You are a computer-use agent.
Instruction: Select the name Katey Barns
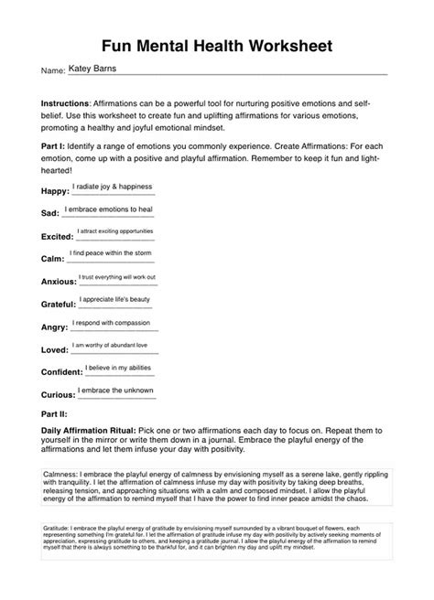94,67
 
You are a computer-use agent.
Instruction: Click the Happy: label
56,191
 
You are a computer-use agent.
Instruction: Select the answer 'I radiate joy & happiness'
113,187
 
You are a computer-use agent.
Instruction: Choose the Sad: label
51,212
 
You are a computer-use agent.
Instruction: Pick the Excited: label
59,236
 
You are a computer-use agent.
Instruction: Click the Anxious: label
60,281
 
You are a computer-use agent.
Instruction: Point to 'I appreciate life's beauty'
114,299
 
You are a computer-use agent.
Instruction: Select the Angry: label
56,327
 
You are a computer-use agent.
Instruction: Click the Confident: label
62,372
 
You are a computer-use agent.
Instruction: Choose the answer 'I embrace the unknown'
115,391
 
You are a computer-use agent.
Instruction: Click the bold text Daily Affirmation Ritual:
88,429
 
